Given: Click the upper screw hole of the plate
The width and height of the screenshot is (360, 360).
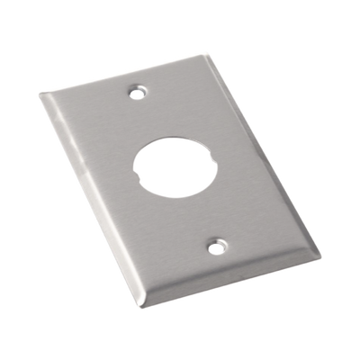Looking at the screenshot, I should click(x=138, y=92).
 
